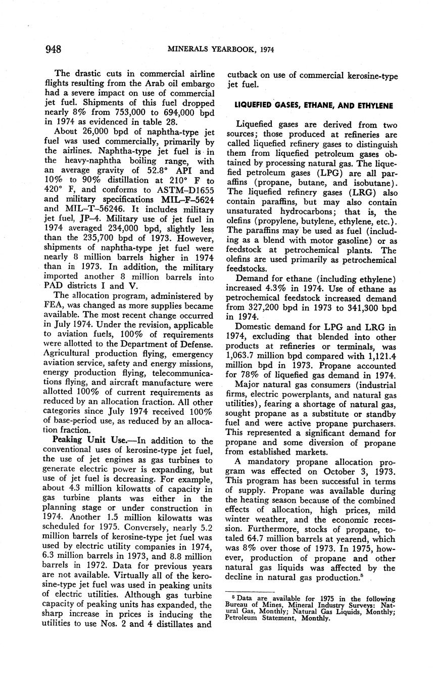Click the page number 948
coord(53,49)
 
